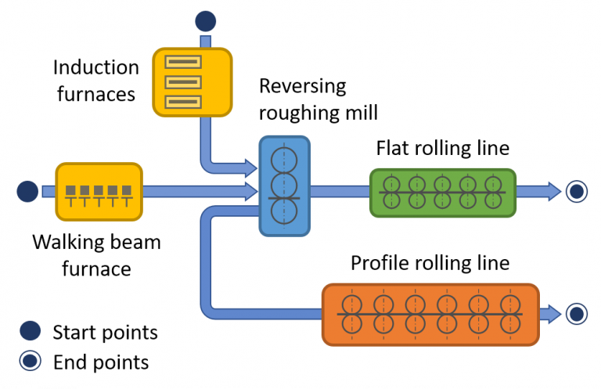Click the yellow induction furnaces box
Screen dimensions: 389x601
pos(192,81)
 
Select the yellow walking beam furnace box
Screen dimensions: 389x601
pos(99,190)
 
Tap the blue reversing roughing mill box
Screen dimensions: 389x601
pos(284,186)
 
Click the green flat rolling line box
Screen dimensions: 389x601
pos(442,192)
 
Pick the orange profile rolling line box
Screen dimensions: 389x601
pos(430,314)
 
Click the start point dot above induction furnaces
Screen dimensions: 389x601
pos(205,21)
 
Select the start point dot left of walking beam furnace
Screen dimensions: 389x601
pos(27,190)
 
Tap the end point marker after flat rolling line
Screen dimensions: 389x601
pos(577,190)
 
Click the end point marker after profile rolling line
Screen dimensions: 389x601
pos(577,314)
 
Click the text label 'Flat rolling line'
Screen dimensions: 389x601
pos(442,148)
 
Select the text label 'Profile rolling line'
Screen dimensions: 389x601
pos(430,262)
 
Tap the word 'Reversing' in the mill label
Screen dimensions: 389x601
pos(302,86)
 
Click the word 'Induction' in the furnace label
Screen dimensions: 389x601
pos(96,68)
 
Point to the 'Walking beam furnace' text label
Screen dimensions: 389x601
pos(96,255)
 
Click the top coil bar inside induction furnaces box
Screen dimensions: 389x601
pos(192,61)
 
